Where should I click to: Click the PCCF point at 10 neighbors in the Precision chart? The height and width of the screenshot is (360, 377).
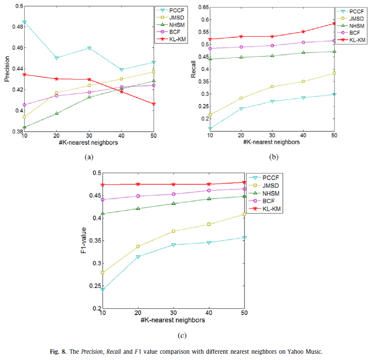coord(24,22)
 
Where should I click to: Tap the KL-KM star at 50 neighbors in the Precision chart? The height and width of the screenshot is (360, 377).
coord(154,104)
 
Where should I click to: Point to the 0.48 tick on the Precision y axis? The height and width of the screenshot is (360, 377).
coord(17,27)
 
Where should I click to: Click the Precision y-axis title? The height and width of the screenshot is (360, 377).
coord(7,69)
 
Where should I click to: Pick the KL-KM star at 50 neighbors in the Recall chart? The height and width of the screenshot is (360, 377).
coord(333,23)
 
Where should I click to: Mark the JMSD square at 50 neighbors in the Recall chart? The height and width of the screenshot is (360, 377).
coord(333,73)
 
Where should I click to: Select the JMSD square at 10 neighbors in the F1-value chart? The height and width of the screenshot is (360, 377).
coord(102,273)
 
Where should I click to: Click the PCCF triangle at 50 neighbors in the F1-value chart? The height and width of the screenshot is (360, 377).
coord(245,238)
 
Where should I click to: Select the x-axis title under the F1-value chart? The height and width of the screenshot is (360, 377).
coord(174,320)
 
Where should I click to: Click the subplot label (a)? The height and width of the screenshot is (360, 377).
coord(88,157)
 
